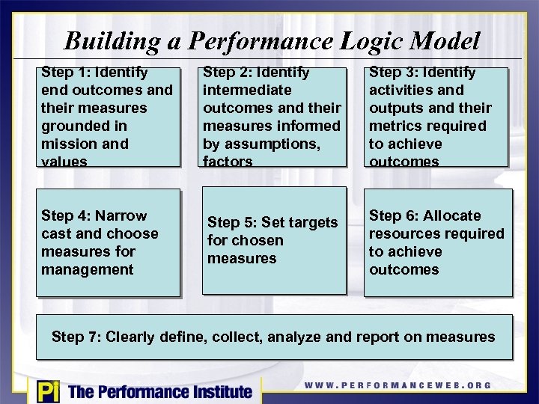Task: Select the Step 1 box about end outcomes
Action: click(109, 117)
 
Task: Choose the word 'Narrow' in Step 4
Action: click(122, 215)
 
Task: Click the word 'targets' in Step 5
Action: click(308, 222)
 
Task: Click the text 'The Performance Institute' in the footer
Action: click(160, 391)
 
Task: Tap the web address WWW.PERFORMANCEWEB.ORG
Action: click(398, 385)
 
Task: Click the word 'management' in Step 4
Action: click(87, 269)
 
